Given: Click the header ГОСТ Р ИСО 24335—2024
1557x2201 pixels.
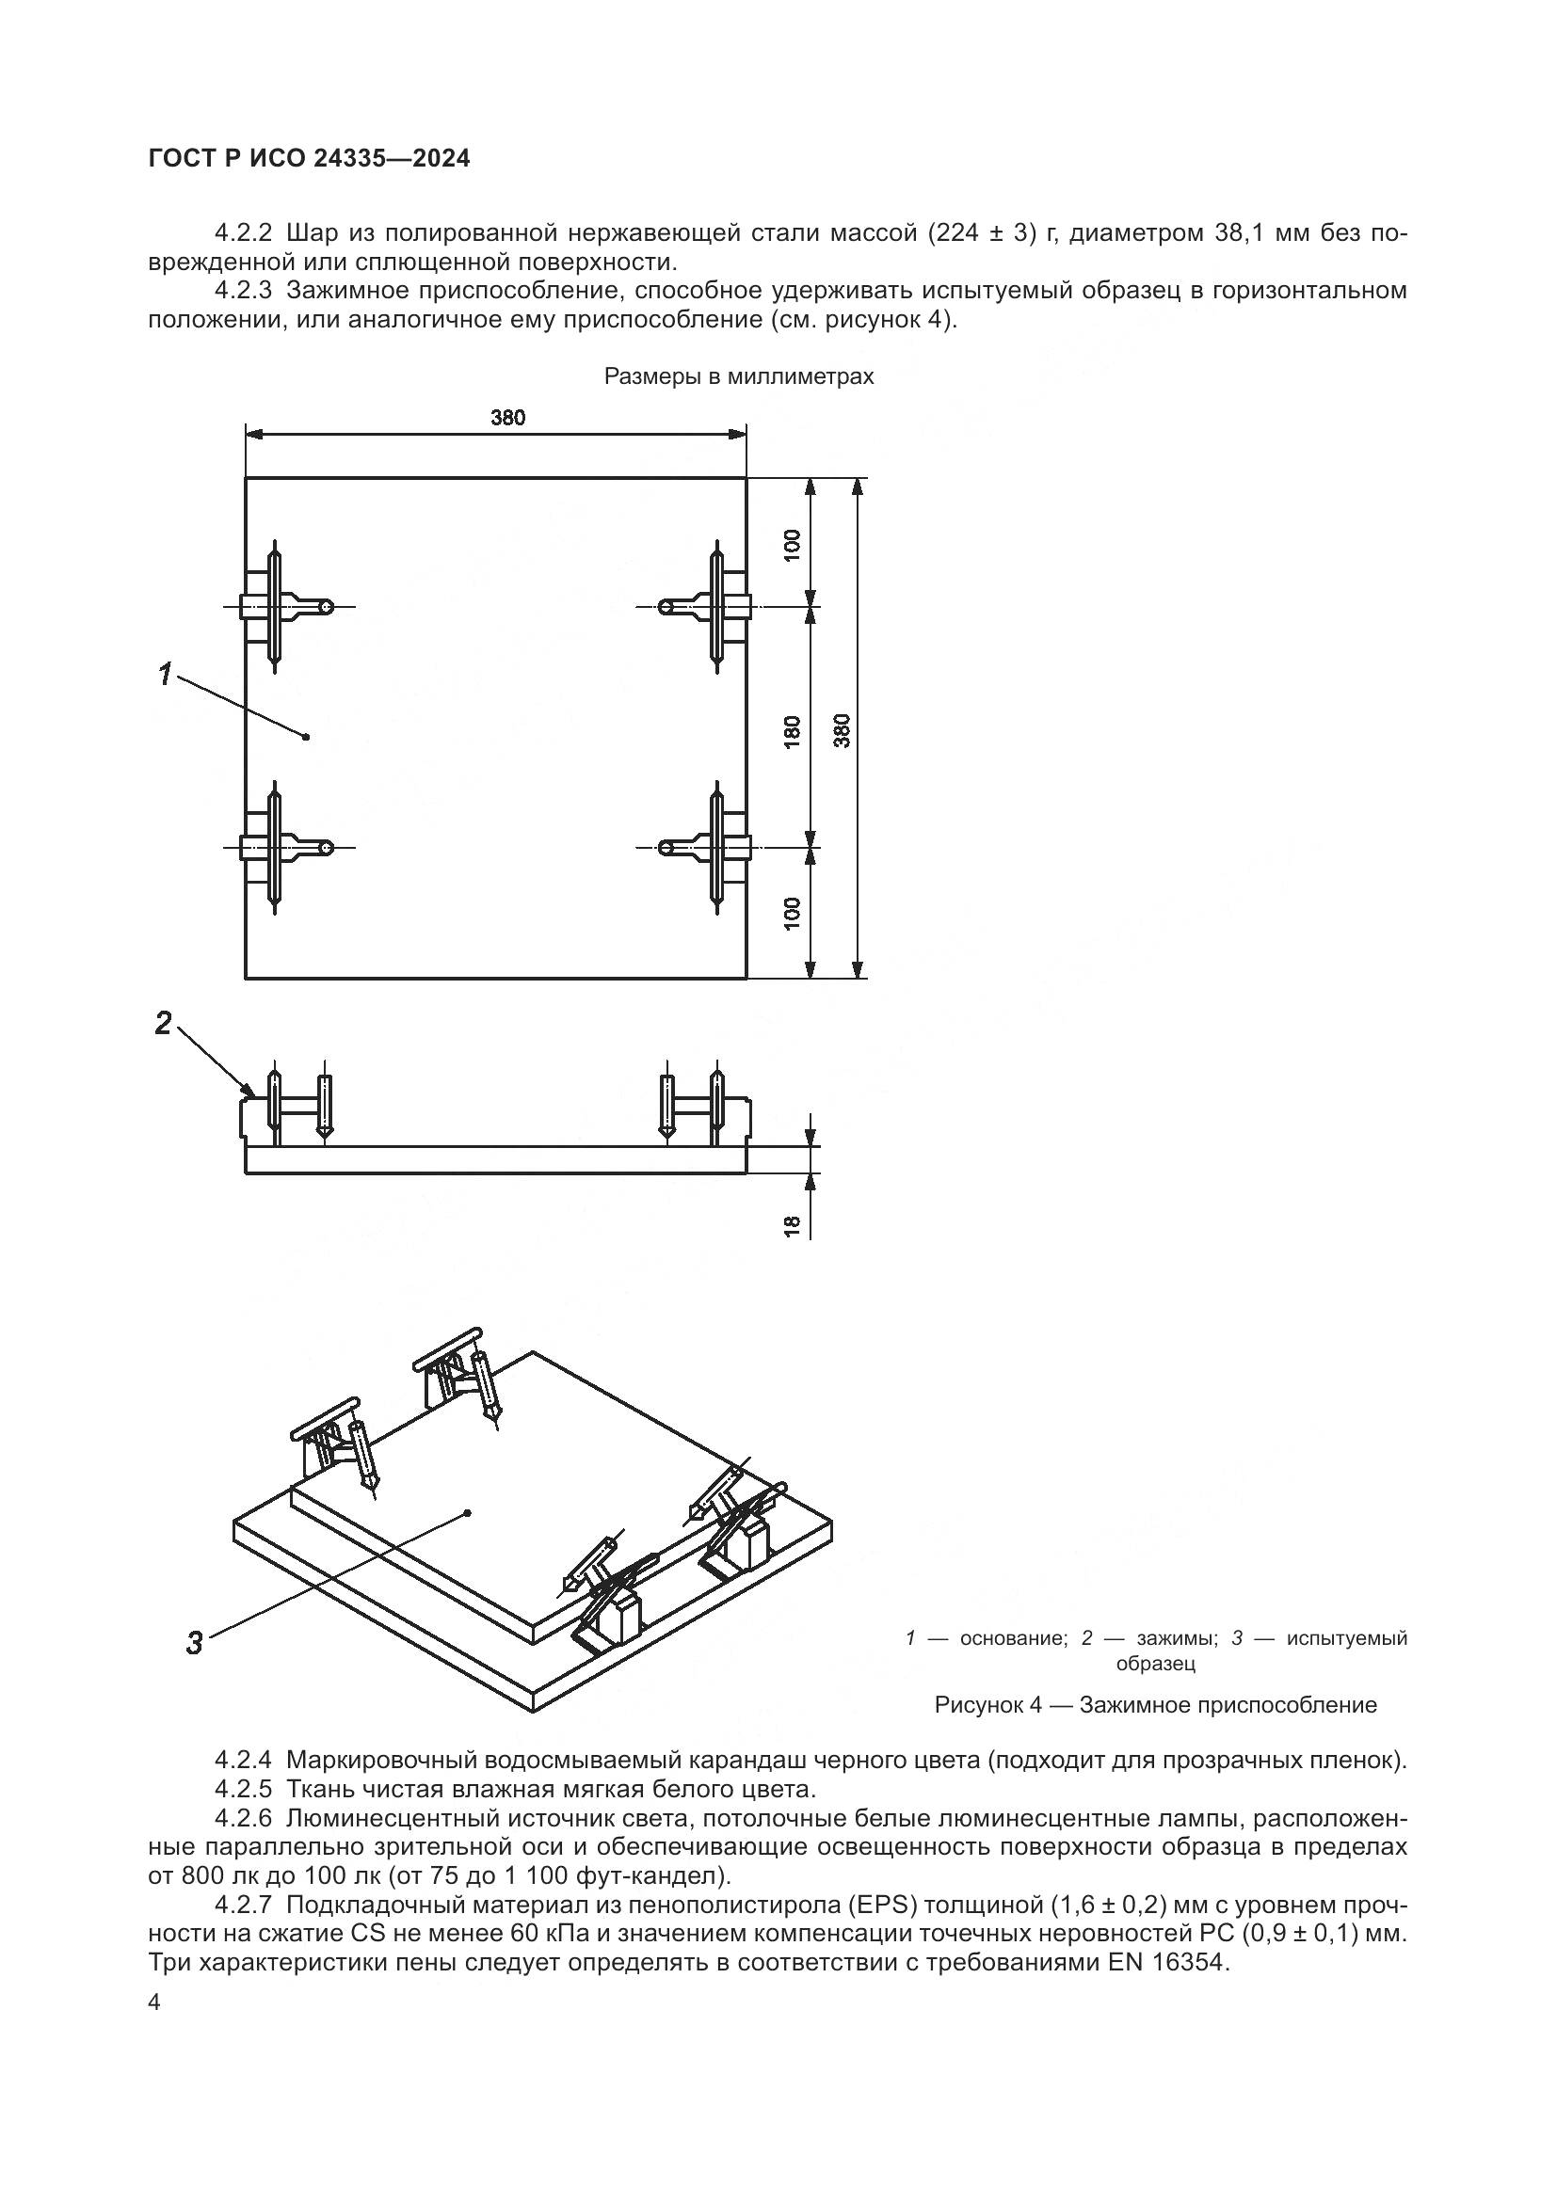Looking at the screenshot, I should (x=309, y=159).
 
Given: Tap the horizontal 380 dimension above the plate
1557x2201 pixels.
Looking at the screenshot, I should (x=508, y=417).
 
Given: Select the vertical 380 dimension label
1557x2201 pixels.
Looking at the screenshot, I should (x=842, y=729).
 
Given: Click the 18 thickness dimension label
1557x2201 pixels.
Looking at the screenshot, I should (x=792, y=1225).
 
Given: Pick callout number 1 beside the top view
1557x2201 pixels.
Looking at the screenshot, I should (x=165, y=674).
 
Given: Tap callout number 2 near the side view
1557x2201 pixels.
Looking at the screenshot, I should (x=163, y=1024).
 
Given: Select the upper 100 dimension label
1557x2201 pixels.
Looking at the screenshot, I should (x=792, y=545).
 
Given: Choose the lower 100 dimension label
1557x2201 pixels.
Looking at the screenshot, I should (x=792, y=914).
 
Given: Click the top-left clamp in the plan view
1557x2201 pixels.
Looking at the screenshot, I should (x=281, y=606).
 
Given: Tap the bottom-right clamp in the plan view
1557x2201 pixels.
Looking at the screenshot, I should (x=711, y=847).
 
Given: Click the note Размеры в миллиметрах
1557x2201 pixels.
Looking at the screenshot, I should (x=738, y=376).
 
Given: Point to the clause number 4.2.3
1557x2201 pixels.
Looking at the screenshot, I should (x=243, y=291).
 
